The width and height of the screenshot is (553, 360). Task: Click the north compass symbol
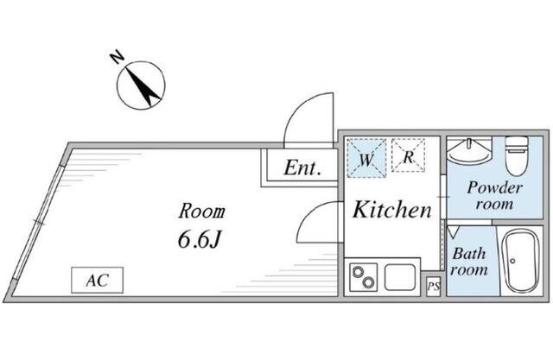coord(141,85)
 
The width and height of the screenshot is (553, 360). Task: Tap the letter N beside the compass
coord(117,57)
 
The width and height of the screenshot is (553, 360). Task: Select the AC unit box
coord(97,280)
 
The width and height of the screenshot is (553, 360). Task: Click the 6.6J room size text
coord(200,240)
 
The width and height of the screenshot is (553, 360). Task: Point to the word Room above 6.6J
coord(201,212)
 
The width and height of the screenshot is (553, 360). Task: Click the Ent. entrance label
coord(302,168)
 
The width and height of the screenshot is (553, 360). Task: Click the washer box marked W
coord(366,158)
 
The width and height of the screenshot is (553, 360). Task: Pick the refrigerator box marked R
coord(408,155)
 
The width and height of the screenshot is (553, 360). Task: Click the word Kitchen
coord(392,209)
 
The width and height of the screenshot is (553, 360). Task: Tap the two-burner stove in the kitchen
coord(363,278)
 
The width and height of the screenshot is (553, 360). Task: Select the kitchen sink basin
coord(400,277)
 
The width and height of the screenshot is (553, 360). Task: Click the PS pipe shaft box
coord(434,287)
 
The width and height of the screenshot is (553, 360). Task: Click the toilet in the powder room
coord(517,155)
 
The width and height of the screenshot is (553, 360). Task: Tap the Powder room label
coord(494,195)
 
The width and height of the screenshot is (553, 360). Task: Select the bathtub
coord(520,261)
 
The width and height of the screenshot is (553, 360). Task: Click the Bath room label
coord(469,262)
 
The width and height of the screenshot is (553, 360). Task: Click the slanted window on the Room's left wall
coord(38,222)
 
